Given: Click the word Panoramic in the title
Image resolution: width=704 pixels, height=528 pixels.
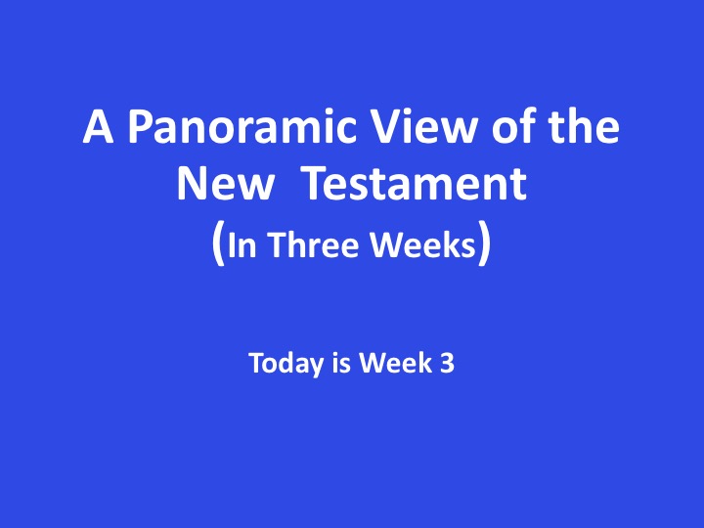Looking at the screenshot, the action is click(x=242, y=126).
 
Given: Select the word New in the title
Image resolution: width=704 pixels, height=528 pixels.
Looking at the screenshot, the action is click(x=225, y=184).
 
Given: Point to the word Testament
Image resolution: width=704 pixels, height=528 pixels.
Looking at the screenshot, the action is click(x=415, y=184).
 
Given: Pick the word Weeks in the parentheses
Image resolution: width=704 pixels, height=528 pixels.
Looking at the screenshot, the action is click(x=423, y=244).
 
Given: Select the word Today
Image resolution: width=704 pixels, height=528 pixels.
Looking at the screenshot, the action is click(x=286, y=363).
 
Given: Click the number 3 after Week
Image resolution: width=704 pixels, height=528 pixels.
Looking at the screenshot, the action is click(x=447, y=363).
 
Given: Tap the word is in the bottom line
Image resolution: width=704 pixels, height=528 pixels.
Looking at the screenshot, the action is click(x=341, y=363).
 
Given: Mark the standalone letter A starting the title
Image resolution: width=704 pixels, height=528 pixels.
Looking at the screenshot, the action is click(x=98, y=127).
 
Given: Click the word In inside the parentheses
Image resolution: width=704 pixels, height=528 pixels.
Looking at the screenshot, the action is click(x=242, y=245).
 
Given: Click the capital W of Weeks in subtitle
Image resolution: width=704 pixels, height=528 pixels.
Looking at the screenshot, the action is click(x=389, y=244).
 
